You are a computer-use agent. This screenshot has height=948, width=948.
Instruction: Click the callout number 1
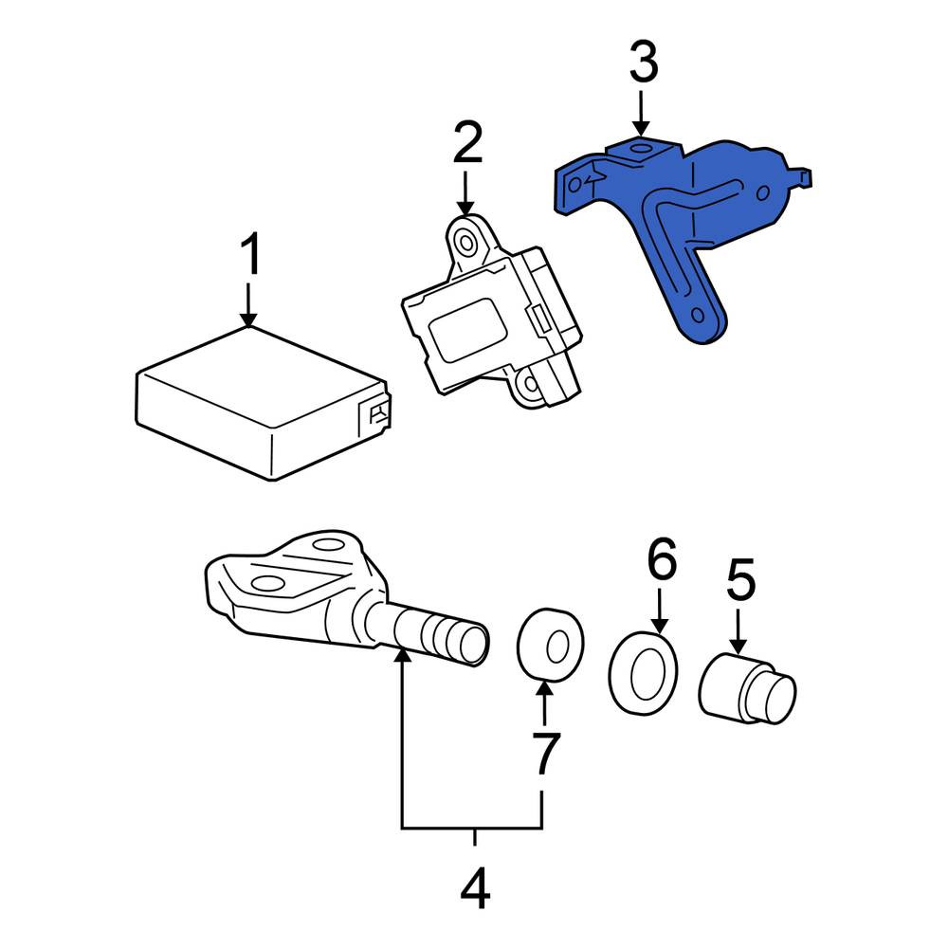point(249,254)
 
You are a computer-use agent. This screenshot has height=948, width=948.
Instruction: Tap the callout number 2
point(468,142)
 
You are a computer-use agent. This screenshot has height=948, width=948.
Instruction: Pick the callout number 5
point(740,579)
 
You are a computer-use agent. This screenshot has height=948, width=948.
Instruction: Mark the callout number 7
point(546,753)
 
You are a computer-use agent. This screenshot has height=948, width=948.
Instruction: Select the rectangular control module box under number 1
point(263,404)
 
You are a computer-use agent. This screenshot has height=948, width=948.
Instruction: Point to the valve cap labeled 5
point(747,689)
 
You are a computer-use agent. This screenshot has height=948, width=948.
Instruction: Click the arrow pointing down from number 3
point(641,113)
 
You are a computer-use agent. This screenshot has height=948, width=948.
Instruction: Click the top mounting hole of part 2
point(466,243)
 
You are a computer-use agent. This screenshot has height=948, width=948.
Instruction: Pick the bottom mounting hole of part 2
point(531,383)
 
